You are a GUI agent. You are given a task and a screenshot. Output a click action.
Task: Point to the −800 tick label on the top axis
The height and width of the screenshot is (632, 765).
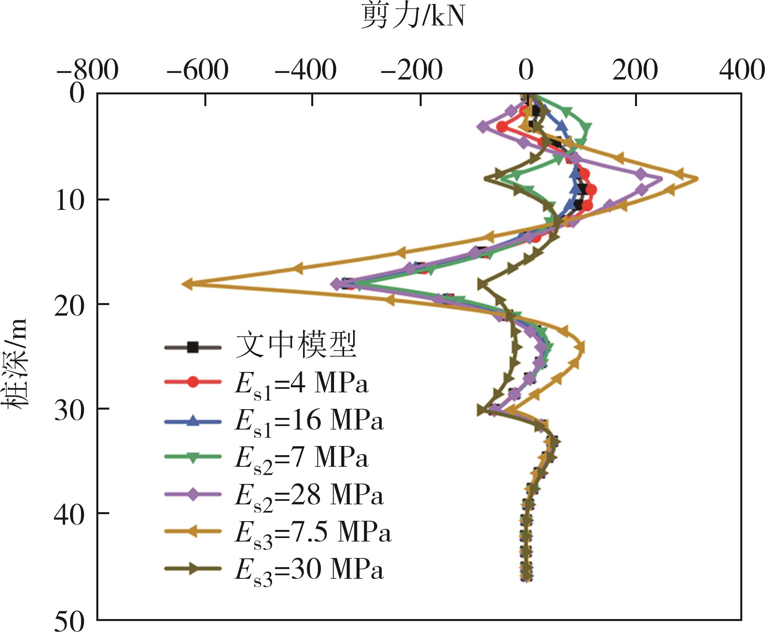87,71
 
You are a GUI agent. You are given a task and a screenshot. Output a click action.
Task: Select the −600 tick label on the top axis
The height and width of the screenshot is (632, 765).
197,71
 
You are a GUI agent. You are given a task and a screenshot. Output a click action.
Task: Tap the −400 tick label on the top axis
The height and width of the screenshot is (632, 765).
305,71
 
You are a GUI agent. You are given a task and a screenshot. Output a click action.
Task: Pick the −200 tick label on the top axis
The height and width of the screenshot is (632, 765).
411,71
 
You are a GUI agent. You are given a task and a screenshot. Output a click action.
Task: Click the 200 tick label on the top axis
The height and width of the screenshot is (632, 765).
635,71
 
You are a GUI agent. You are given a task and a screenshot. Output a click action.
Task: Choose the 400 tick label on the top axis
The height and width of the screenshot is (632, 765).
742,71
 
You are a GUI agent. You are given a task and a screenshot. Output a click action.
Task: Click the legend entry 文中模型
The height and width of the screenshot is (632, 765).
296,345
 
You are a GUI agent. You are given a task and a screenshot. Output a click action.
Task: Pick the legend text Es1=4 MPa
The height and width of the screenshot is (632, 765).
301,384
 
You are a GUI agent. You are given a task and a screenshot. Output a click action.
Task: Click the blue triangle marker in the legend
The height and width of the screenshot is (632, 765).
193,421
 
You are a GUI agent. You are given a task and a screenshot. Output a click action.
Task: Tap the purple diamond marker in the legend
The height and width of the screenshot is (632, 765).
193,495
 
